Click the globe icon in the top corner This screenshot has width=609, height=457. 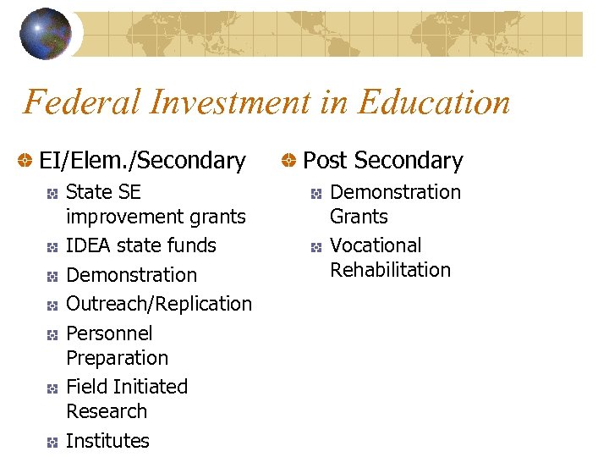pos(46,34)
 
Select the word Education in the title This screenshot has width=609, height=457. pos(434,103)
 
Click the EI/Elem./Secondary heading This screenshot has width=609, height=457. pos(142,161)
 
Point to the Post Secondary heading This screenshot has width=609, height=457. pos(382,161)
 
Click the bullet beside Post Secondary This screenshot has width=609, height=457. pos(289,161)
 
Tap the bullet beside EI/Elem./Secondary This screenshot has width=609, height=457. pos(26,161)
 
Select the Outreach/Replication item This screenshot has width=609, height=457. pos(158,304)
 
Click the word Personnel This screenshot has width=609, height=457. pos(109,333)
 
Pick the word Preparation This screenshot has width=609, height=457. pos(117,358)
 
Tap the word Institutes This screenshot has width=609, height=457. pos(107,441)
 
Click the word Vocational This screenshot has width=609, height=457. pos(376,246)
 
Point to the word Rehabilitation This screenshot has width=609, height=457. pos(390,271)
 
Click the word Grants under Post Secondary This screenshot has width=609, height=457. pos(359,217)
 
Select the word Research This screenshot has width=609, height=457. pos(107,412)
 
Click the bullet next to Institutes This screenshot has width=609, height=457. pos(52,442)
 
